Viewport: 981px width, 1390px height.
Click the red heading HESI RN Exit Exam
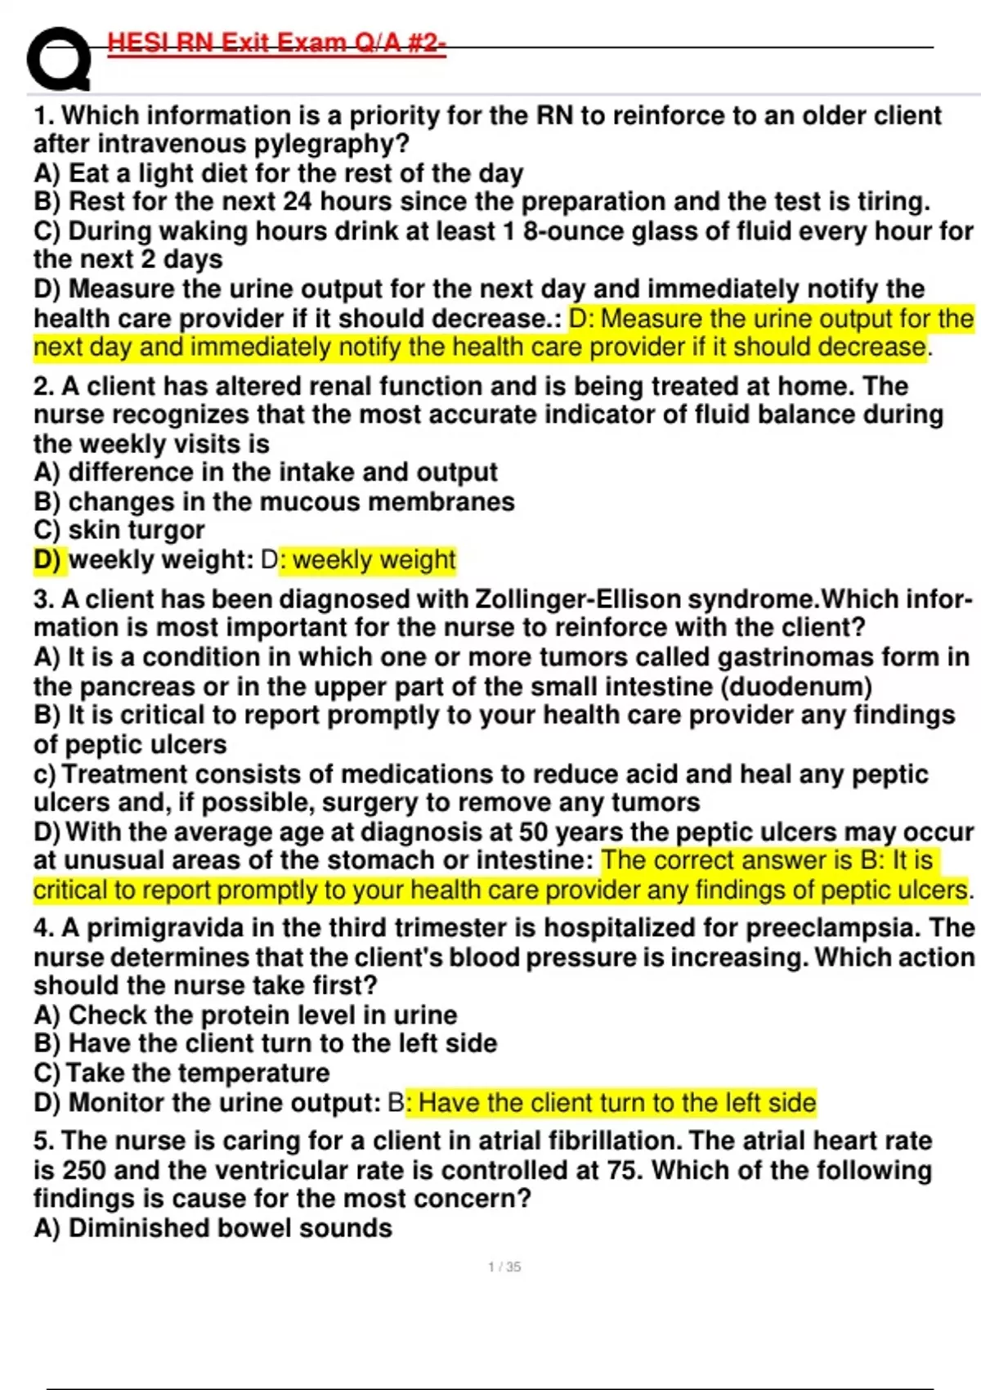pos(276,43)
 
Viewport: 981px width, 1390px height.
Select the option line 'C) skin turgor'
pos(119,530)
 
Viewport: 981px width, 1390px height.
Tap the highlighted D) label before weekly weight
pos(47,559)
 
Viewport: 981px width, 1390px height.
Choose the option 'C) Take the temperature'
pos(181,1073)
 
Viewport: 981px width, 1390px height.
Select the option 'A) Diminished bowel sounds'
pos(213,1228)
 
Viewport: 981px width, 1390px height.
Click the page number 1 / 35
pos(504,1267)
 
